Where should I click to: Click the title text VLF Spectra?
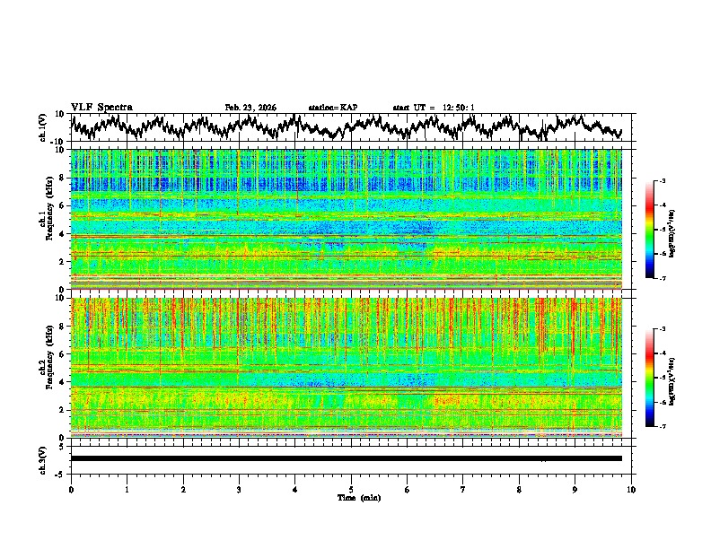pyautogui.click(x=101, y=108)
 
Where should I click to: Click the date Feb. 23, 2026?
pyautogui.click(x=250, y=108)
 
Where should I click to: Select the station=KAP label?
pyautogui.click(x=333, y=108)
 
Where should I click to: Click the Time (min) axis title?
pyautogui.click(x=358, y=498)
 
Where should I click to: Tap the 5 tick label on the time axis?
pyautogui.click(x=351, y=490)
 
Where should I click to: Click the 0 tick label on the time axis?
pyautogui.click(x=71, y=490)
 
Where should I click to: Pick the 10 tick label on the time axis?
pyautogui.click(x=631, y=490)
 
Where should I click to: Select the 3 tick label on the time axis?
pyautogui.click(x=239, y=490)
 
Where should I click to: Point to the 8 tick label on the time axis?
pyautogui.click(x=519, y=490)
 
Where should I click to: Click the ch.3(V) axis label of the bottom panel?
pyautogui.click(x=43, y=457)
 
